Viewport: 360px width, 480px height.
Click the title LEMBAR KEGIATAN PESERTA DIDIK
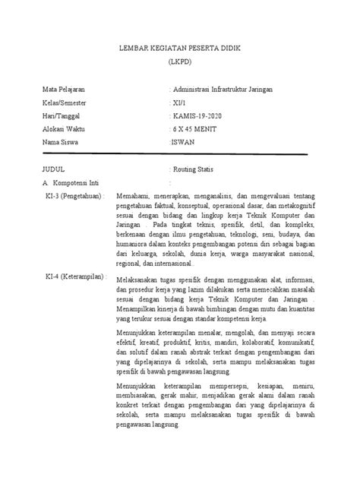(180, 48)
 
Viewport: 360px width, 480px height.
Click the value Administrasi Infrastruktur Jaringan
(223, 90)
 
